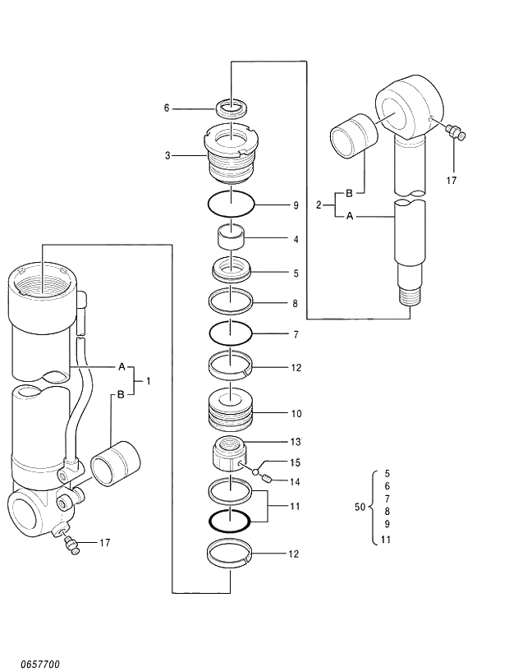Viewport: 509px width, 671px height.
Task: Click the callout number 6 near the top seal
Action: point(167,108)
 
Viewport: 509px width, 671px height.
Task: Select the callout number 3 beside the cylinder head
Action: point(167,154)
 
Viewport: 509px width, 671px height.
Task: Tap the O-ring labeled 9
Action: point(231,201)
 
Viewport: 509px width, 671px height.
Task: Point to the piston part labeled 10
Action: point(231,411)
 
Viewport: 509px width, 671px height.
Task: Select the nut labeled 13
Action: point(230,453)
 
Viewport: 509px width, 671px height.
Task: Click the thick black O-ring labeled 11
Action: point(230,520)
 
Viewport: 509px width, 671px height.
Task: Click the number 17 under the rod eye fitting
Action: point(450,180)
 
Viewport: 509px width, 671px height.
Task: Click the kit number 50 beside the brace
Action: point(360,508)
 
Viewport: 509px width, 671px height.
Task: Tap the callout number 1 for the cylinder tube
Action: point(149,380)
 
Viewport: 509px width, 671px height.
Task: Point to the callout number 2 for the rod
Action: point(319,205)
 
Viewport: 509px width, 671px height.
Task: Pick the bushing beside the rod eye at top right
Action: point(352,136)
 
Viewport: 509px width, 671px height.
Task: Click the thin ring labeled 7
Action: point(231,333)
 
